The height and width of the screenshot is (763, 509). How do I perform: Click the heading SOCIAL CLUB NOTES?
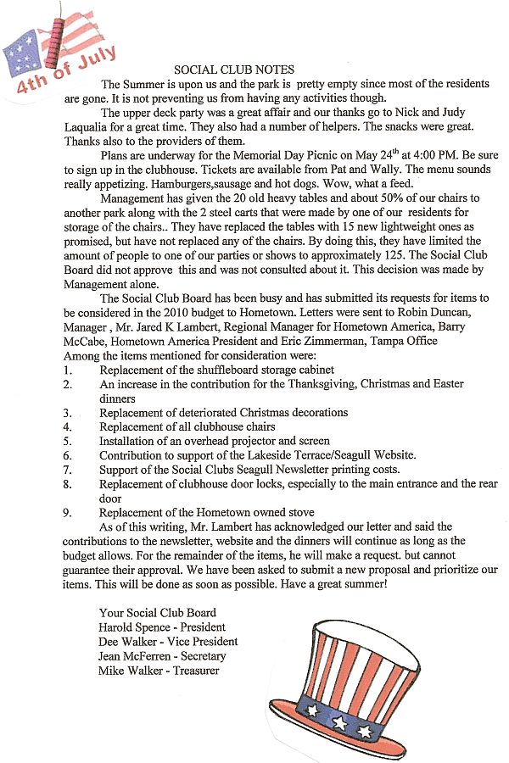234,70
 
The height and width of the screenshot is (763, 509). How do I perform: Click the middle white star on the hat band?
339,723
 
